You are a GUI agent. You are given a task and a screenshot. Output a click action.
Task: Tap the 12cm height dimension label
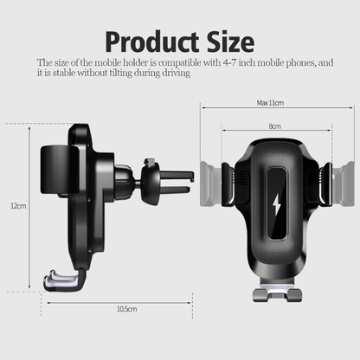pyautogui.click(x=17, y=207)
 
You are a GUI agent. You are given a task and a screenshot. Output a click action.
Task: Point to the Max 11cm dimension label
pyautogui.click(x=269, y=103)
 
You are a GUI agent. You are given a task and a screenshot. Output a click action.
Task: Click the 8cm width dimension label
pyautogui.click(x=273, y=126)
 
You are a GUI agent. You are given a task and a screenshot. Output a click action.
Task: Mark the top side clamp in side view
pyautogui.click(x=54, y=152)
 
